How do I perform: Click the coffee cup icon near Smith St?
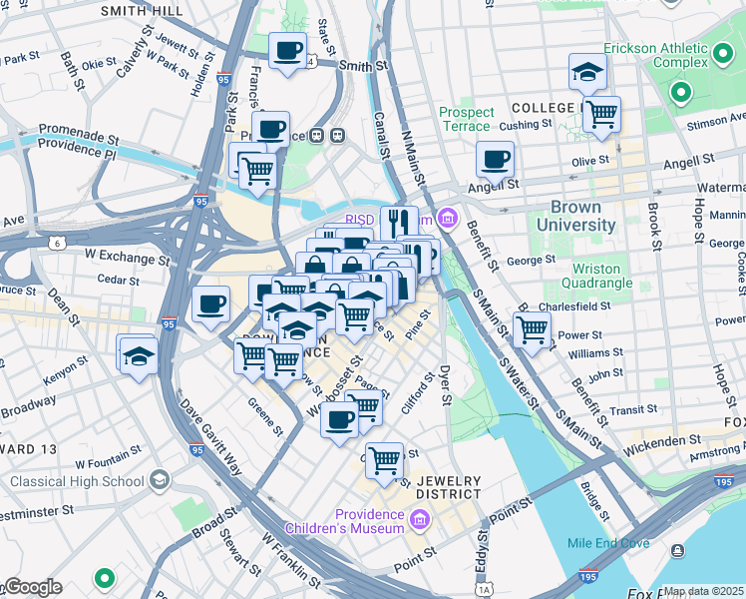[x=289, y=50]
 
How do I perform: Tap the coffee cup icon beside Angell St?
[x=495, y=158]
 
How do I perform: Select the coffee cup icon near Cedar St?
[x=210, y=303]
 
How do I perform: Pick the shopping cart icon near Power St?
[x=533, y=328]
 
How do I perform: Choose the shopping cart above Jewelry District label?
[x=384, y=460]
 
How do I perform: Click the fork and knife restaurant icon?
[x=399, y=222]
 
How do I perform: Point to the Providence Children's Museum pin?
[x=419, y=520]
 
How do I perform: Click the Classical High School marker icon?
[x=159, y=481]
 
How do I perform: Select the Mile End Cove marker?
[x=678, y=550]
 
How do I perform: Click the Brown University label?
[x=583, y=217]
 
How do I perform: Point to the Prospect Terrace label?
[x=465, y=119]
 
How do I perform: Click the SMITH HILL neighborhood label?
[x=142, y=10]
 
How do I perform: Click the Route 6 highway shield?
[x=57, y=243]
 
